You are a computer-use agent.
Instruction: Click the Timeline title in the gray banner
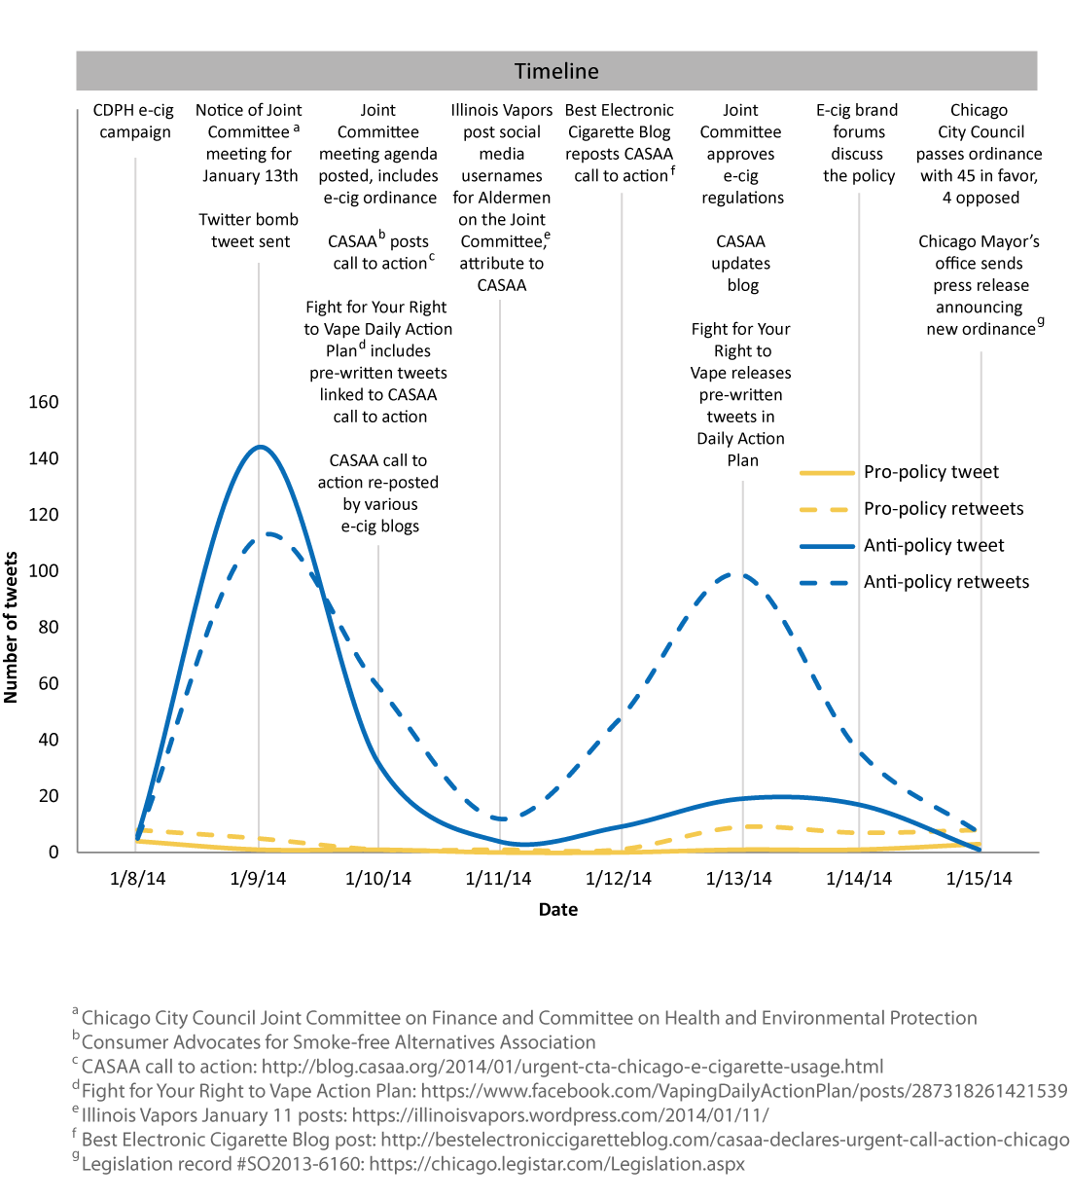click(556, 71)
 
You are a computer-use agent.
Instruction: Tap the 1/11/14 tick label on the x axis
click(498, 879)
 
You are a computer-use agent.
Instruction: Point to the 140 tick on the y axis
click(43, 458)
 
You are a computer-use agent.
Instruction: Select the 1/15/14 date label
click(979, 879)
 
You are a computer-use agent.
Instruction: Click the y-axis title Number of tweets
click(12, 628)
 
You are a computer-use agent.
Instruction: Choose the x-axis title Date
click(558, 909)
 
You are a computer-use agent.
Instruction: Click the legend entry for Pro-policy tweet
click(931, 472)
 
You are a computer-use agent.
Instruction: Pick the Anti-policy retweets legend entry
click(945, 582)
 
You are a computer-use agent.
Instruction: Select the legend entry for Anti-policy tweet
click(934, 546)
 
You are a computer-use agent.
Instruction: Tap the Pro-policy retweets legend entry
click(944, 509)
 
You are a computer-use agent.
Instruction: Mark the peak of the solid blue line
click(260, 447)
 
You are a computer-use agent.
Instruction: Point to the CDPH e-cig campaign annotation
click(134, 122)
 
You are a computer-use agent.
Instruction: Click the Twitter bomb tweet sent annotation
click(249, 231)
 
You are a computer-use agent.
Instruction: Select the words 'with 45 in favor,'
click(980, 176)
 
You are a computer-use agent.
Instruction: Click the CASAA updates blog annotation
click(741, 263)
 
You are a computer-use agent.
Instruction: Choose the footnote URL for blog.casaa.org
click(572, 1067)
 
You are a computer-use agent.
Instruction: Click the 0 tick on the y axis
click(53, 853)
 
